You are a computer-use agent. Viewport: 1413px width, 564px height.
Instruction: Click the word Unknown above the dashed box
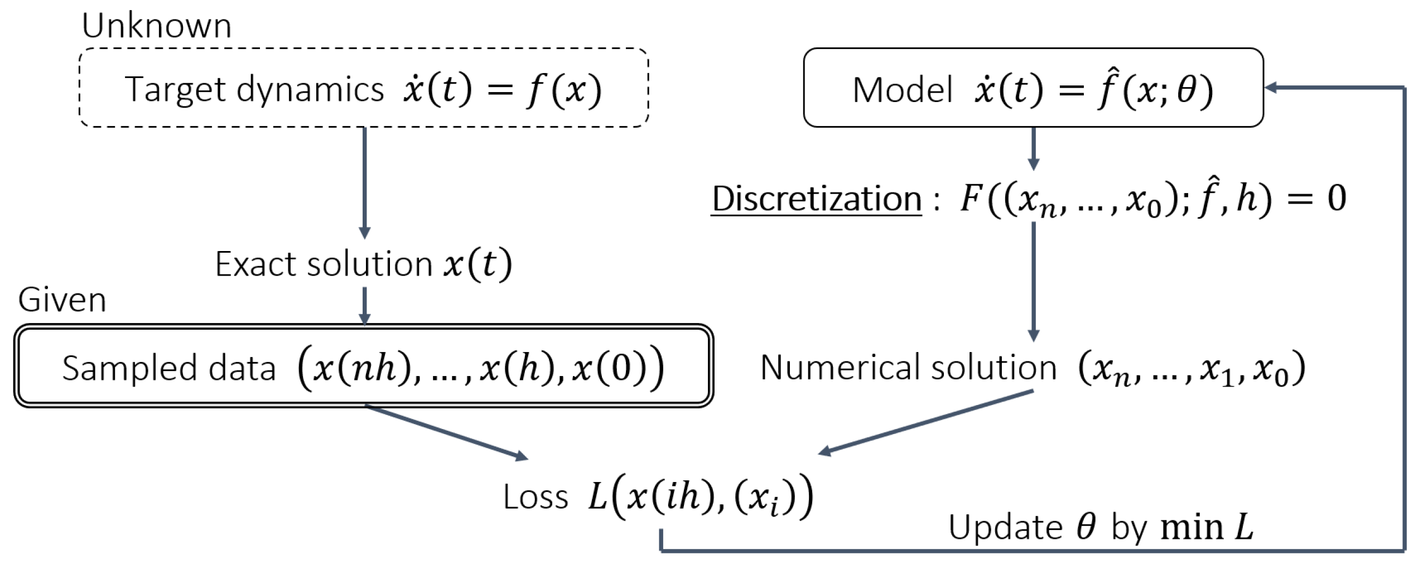click(156, 26)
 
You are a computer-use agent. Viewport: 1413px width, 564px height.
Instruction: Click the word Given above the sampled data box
click(62, 300)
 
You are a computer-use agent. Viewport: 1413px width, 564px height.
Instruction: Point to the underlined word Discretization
click(816, 199)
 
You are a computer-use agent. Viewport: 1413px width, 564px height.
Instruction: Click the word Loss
click(535, 497)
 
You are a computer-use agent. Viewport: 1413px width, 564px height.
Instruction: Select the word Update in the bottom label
click(1005, 527)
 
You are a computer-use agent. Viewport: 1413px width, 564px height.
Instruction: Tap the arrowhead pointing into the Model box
click(1271, 88)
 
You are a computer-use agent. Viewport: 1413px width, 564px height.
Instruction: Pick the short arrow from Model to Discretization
click(1033, 148)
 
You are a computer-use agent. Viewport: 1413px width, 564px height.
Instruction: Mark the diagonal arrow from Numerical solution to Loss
click(926, 422)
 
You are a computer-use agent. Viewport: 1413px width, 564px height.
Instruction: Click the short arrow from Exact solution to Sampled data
click(364, 306)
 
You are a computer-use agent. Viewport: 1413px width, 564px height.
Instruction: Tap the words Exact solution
click(324, 264)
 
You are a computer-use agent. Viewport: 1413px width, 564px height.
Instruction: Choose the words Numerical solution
click(908, 368)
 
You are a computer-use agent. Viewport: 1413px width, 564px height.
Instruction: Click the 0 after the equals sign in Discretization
click(1337, 198)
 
